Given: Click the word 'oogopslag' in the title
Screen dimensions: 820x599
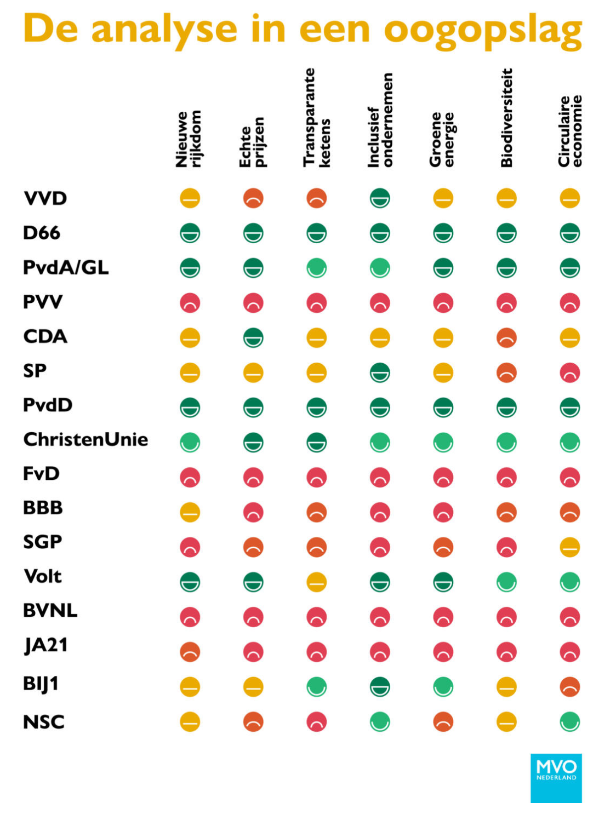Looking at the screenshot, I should pos(482,30).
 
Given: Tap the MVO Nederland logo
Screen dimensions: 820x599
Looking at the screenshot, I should pos(556,778).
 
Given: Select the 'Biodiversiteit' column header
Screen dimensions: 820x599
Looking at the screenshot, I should pos(506,118).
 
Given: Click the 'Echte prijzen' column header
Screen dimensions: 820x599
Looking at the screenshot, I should pos(252,141).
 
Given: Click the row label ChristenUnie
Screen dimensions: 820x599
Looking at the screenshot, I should pos(85,439).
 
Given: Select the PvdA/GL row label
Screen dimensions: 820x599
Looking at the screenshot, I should pos(66,267).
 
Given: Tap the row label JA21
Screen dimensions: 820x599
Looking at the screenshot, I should pos(46,645).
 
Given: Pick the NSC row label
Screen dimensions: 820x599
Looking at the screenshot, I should pos(44,722).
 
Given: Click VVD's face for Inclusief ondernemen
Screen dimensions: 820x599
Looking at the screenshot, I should pos(380,198).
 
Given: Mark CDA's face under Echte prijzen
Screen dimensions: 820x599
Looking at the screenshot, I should pos(253,338).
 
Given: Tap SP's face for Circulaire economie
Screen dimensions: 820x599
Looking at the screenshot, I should pos(570,373).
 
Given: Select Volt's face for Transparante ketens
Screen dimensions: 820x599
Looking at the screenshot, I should pos(317,582).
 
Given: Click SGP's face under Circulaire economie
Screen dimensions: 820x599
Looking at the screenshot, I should pos(570,547).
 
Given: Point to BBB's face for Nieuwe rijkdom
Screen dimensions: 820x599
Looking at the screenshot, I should pos(190,512).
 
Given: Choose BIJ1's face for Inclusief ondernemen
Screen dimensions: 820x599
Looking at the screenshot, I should pos(380,687).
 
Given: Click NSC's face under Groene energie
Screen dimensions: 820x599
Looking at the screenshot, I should pos(443,722).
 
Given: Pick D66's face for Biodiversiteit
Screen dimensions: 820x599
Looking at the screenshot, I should pos(506,233).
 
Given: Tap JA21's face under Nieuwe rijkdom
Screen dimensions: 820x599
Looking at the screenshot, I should pos(190,652).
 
